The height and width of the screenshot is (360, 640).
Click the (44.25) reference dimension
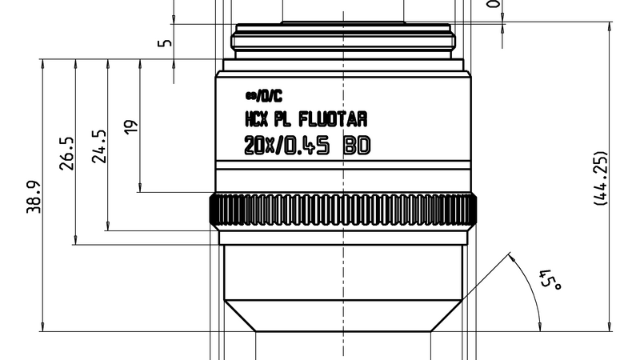point(600,178)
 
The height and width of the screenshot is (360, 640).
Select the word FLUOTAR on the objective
point(333,121)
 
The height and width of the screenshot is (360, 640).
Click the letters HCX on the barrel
point(257,121)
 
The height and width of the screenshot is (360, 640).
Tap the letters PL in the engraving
point(286,121)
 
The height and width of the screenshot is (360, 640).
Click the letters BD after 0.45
point(356,146)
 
